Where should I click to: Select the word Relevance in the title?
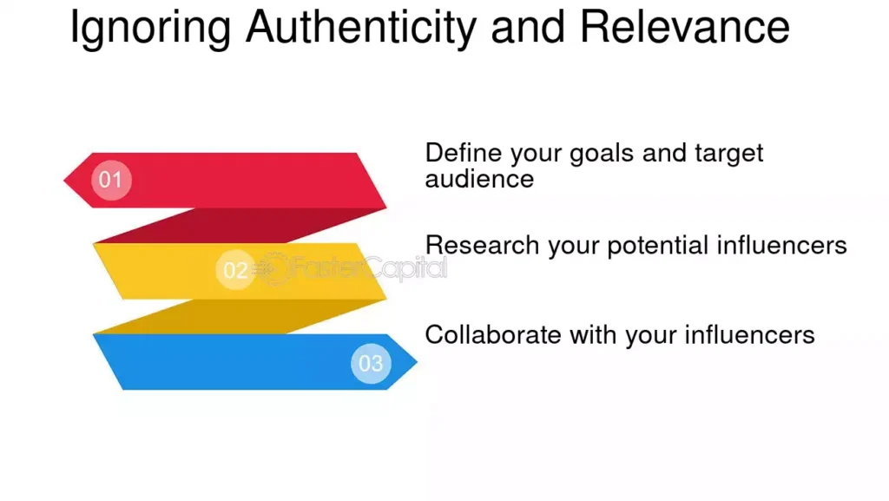(x=684, y=27)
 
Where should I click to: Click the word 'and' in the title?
(x=528, y=27)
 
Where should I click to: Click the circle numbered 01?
(x=111, y=181)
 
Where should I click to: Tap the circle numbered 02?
(x=236, y=270)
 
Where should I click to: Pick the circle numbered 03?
(x=371, y=363)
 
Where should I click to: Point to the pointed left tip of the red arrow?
(x=64, y=181)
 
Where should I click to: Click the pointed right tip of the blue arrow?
(x=417, y=361)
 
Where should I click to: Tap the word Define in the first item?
(x=464, y=153)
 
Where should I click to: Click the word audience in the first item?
(x=479, y=179)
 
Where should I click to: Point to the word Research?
(x=483, y=246)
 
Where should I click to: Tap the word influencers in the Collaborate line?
(x=749, y=335)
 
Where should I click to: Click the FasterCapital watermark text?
(x=368, y=267)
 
